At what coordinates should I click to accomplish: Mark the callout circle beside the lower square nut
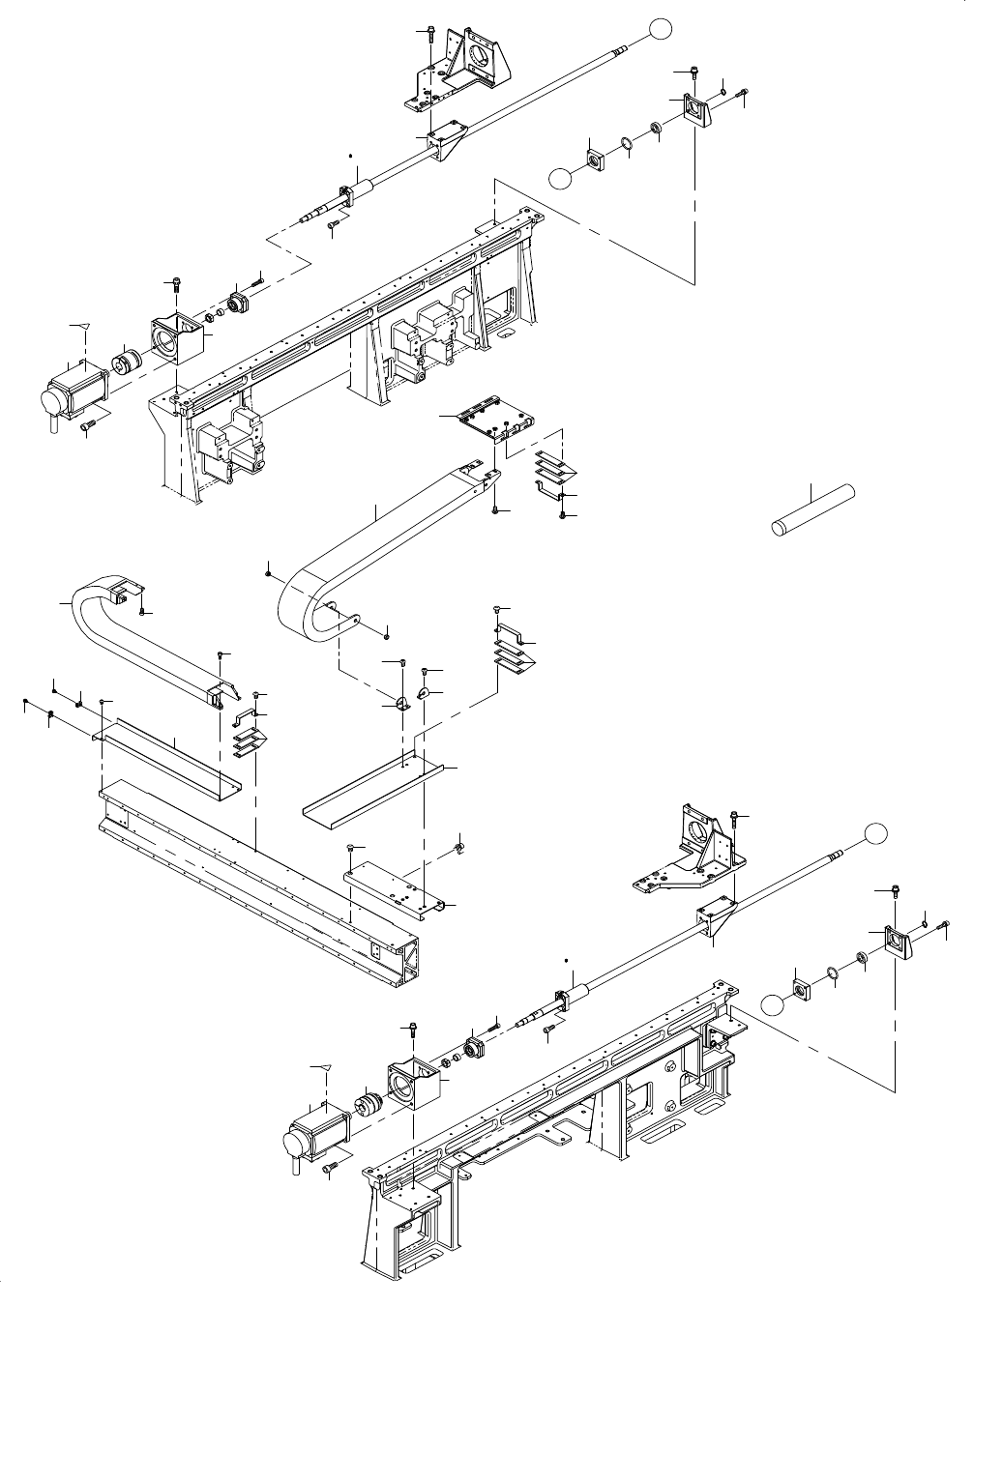(773, 1005)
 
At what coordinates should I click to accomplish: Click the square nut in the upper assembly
(594, 157)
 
